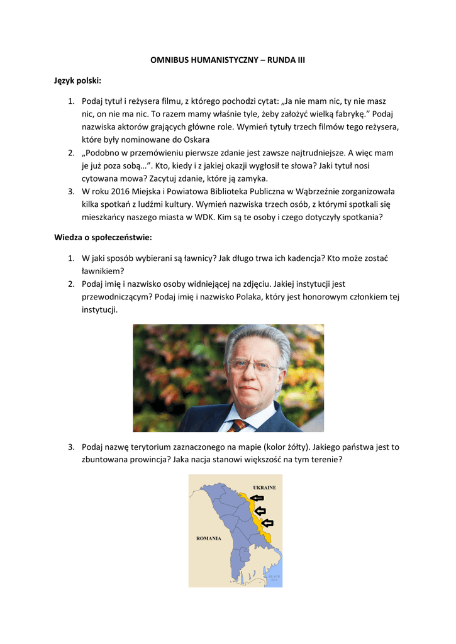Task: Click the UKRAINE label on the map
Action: click(x=264, y=487)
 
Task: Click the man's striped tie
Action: click(x=238, y=426)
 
